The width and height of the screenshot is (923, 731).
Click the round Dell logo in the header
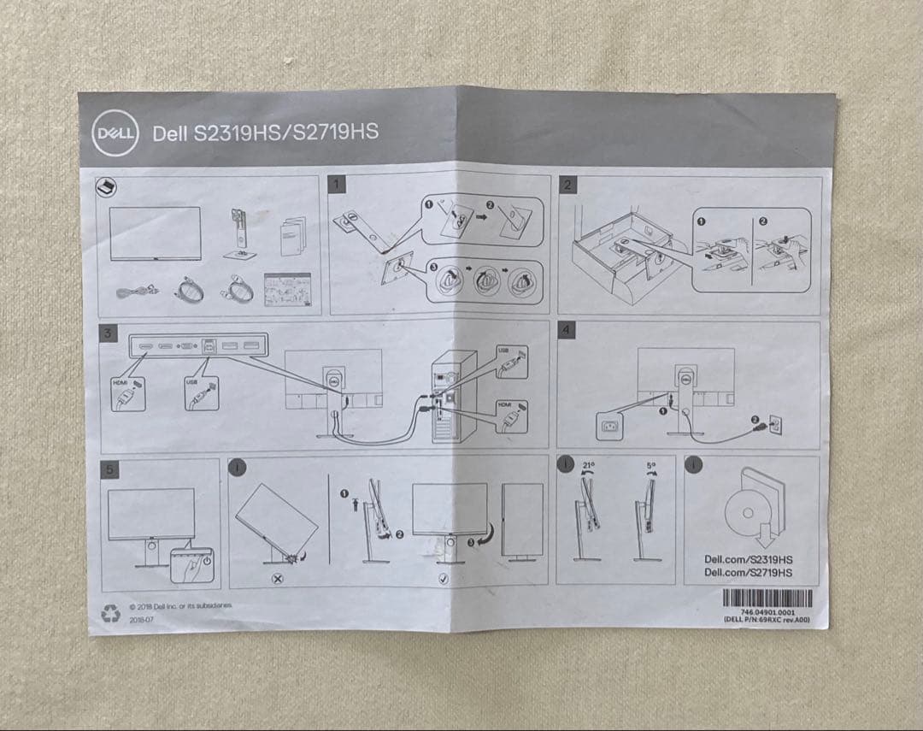click(115, 135)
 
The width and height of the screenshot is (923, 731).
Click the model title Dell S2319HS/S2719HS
click(265, 133)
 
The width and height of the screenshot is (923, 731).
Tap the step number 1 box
click(338, 184)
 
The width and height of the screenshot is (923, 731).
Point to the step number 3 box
click(108, 333)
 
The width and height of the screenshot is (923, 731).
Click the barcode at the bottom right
click(767, 598)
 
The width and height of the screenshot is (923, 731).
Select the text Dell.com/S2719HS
click(748, 573)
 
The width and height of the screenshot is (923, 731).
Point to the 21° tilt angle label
click(588, 466)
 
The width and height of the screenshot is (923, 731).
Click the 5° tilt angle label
click(651, 467)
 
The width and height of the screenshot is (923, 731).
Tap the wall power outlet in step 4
click(775, 422)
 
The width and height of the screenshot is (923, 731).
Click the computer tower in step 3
click(454, 397)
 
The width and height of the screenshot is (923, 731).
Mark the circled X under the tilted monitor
click(277, 579)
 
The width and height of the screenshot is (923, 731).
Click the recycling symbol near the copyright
click(111, 613)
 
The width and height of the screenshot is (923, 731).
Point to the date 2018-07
click(141, 619)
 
